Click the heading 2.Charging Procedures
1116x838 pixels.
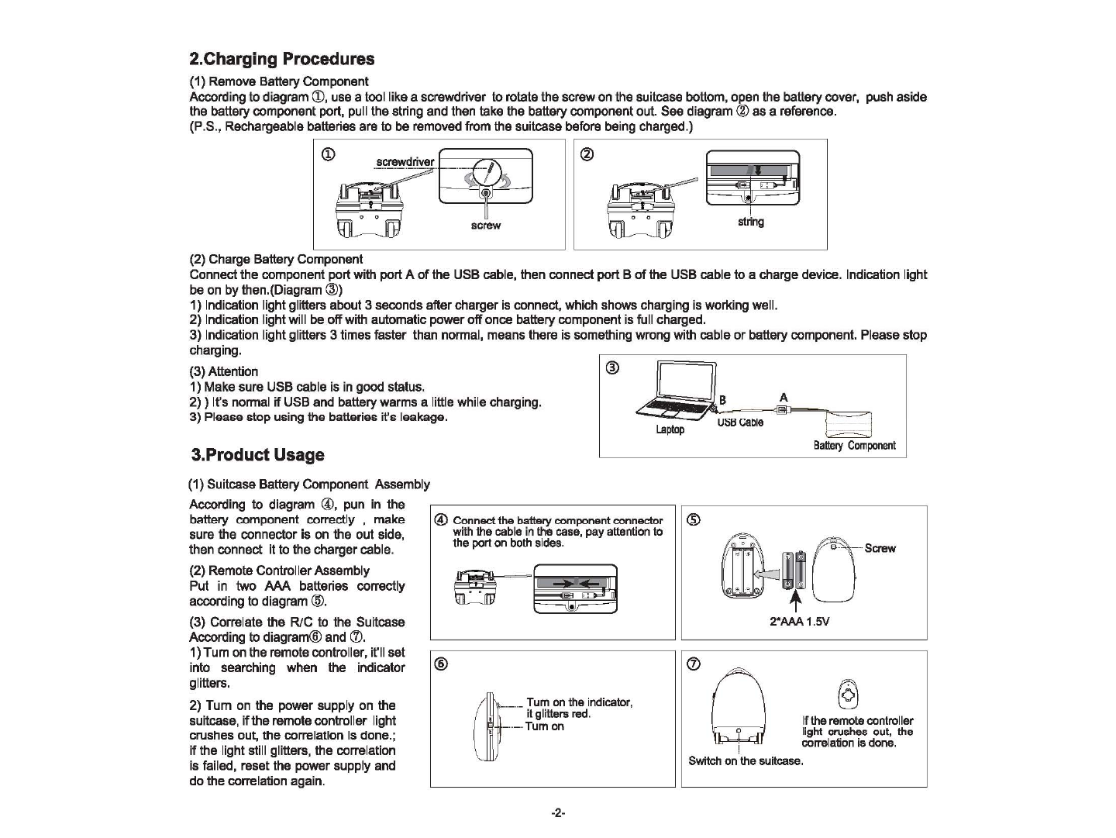(x=282, y=60)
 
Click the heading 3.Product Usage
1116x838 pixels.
(x=258, y=455)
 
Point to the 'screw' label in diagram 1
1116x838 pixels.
(x=486, y=226)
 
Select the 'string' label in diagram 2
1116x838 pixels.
(x=750, y=222)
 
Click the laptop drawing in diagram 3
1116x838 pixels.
(x=674, y=391)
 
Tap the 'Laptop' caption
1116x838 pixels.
(x=670, y=429)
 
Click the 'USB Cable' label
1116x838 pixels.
(x=740, y=422)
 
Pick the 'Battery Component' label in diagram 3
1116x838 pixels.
(x=854, y=445)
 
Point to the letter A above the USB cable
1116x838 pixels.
(x=784, y=398)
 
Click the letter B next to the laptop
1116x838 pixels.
(x=722, y=400)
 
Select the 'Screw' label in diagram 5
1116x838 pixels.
(x=880, y=548)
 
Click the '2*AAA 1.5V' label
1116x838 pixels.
(x=800, y=621)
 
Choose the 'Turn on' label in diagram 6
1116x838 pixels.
(x=545, y=726)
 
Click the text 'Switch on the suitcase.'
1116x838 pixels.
(x=746, y=760)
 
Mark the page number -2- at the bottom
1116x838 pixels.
(x=558, y=813)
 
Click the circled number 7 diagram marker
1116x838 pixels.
(x=695, y=664)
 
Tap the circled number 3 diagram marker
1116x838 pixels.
(x=612, y=368)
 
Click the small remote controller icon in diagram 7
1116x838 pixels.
(x=849, y=694)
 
